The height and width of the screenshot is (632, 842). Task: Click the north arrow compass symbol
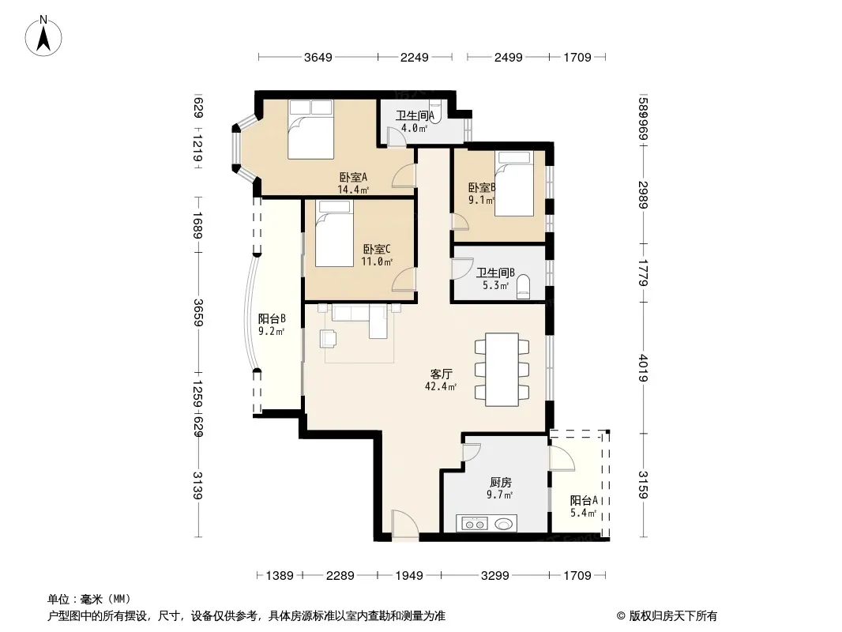point(43,36)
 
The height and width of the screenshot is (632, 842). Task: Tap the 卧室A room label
point(353,177)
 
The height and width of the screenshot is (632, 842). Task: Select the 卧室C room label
point(377,249)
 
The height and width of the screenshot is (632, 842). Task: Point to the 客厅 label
point(441,374)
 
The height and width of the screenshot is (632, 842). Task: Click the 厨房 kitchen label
point(500,482)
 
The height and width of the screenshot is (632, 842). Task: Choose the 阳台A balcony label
point(584,500)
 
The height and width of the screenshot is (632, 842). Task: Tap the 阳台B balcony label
point(272,318)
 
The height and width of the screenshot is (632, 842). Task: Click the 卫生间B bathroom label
point(495,273)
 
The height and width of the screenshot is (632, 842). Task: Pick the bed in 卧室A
point(310,130)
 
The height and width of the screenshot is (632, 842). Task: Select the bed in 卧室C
point(334,234)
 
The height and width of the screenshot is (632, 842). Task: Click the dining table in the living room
point(502,370)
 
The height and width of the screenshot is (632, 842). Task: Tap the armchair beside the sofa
point(328,339)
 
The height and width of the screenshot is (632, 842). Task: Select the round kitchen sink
point(503,523)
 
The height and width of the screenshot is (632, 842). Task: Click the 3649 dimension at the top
point(318,58)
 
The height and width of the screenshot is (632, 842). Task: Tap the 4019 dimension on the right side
point(643,368)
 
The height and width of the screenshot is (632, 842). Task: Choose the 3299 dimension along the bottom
point(494,576)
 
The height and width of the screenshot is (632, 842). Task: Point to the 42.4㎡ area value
point(441,386)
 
